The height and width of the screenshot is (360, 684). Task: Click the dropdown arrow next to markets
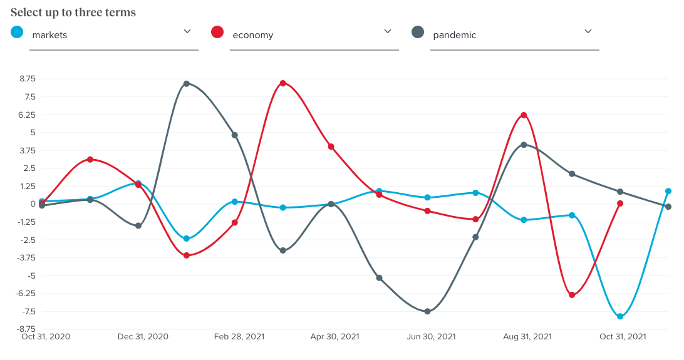(x=187, y=31)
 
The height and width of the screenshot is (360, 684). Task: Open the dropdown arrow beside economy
(x=387, y=31)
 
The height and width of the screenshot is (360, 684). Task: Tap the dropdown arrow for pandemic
(x=588, y=31)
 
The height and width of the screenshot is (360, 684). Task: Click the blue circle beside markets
(x=18, y=32)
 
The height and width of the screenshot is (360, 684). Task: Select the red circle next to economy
(x=218, y=32)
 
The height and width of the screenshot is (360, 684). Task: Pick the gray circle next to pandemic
(x=418, y=32)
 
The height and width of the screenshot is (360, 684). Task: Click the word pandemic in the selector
(x=454, y=35)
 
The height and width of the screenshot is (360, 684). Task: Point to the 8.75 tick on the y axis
(x=28, y=79)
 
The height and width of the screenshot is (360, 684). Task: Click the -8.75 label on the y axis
(x=27, y=329)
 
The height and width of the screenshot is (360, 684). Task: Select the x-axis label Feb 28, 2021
(x=239, y=337)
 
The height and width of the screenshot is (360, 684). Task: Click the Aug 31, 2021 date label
(x=527, y=337)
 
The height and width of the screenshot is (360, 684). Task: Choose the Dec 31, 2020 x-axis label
(x=143, y=337)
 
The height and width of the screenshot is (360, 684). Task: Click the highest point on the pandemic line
(x=187, y=84)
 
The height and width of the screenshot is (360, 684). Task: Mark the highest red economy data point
(x=283, y=83)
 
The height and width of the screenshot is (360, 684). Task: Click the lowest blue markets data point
(x=620, y=317)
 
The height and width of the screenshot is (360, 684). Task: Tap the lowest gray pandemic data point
(x=427, y=311)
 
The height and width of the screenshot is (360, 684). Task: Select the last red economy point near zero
(x=620, y=203)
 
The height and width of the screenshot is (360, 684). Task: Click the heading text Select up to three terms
(x=73, y=13)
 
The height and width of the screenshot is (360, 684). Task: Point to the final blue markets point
(x=668, y=192)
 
